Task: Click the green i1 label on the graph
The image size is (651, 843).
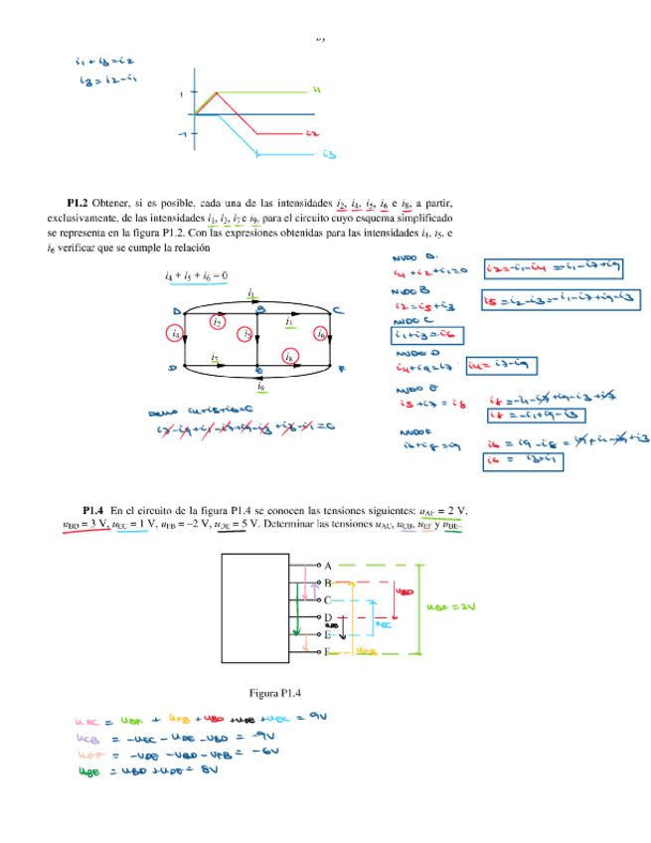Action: coord(315,90)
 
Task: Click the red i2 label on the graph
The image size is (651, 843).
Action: coord(312,132)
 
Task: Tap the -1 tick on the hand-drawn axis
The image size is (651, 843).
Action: coord(182,132)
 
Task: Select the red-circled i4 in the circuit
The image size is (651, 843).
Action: coord(176,335)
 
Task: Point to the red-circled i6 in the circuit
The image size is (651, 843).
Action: coord(321,335)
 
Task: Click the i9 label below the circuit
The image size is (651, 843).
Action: coord(260,386)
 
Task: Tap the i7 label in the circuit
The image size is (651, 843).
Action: coord(216,355)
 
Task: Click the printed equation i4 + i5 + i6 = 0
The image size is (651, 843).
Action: coord(197,275)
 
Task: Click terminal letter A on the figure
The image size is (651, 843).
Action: coord(327,564)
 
